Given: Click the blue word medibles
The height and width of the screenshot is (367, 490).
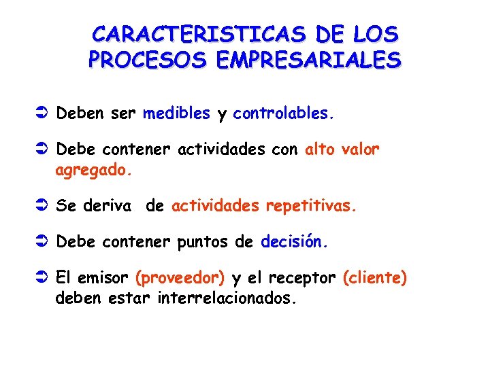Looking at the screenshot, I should click(177, 113).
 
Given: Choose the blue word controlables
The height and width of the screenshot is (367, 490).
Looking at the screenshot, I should click(284, 113).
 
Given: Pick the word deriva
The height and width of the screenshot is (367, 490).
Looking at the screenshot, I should click(106, 206).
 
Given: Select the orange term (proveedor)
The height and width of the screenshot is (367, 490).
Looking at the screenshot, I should click(180, 278).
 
